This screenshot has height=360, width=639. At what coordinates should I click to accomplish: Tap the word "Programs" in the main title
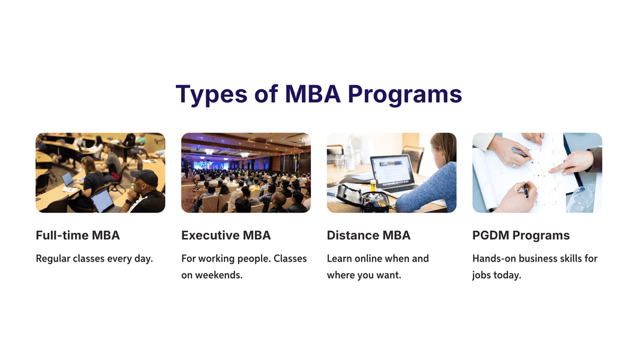click(405, 95)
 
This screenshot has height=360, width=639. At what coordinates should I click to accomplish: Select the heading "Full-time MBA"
click(77, 235)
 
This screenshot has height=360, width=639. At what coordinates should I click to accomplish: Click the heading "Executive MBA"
click(226, 235)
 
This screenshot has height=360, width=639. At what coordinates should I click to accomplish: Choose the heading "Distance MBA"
click(368, 235)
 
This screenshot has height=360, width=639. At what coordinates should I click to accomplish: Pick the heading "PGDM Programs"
click(521, 235)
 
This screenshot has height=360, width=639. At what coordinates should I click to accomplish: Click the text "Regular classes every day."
click(94, 259)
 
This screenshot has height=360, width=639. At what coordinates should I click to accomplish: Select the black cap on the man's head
click(144, 178)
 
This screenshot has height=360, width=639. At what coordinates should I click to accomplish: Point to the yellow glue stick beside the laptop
click(373, 185)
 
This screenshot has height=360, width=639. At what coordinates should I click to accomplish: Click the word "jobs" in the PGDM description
click(481, 275)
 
